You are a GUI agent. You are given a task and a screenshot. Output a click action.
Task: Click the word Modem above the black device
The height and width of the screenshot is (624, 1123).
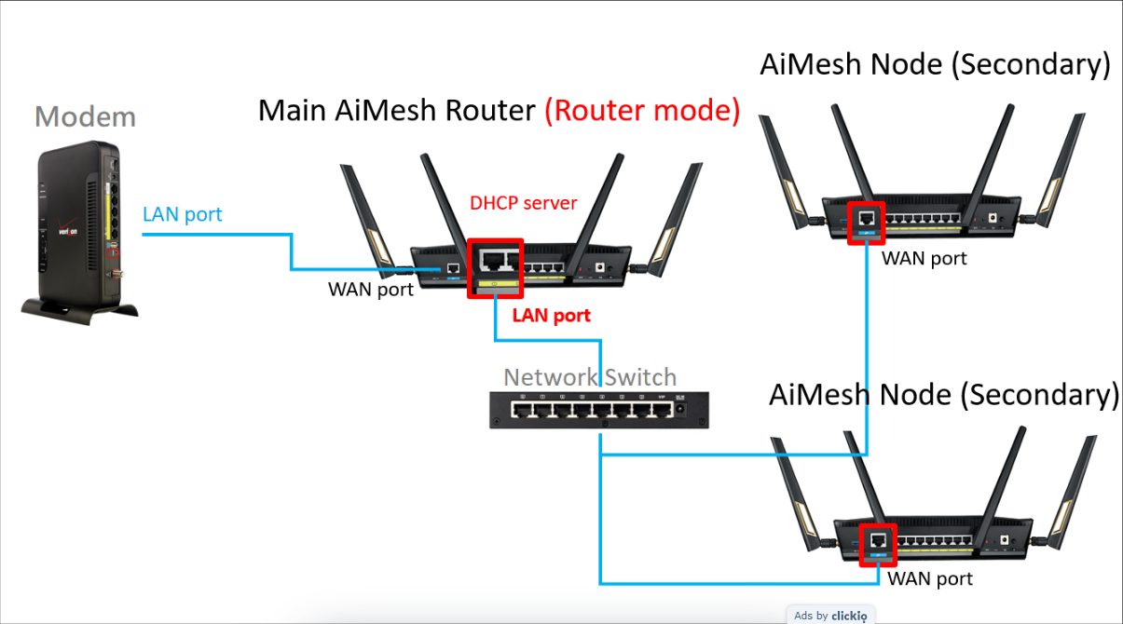pos(85,117)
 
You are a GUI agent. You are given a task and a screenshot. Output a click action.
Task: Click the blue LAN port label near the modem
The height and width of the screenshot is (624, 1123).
pos(182,214)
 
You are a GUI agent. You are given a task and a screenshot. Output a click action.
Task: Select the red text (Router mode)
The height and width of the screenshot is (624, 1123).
pos(642,111)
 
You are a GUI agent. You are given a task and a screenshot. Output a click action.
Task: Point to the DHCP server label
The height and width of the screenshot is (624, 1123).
pos(524,203)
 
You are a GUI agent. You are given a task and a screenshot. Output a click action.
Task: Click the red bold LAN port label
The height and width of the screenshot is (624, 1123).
pos(552,316)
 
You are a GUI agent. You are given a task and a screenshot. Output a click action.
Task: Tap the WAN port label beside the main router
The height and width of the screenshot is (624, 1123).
pos(371,290)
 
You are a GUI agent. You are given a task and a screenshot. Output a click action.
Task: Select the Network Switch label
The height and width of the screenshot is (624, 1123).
pos(590,377)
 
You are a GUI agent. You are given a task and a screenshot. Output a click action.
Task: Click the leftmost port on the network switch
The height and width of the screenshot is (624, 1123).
pos(521,410)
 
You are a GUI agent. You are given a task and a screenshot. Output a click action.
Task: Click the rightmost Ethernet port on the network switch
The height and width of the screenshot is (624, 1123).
pos(663,410)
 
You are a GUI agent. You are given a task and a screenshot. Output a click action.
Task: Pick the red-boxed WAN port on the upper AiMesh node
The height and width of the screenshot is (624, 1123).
pos(867,223)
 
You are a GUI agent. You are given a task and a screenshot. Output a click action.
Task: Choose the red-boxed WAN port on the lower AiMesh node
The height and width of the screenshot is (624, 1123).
pos(878,546)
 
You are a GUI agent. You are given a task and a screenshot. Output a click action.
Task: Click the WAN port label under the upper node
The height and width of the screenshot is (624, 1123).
pos(924,259)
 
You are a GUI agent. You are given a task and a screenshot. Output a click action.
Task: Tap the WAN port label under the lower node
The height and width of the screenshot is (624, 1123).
pos(930,579)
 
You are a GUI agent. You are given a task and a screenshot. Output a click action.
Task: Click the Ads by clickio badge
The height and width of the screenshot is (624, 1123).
pos(830,616)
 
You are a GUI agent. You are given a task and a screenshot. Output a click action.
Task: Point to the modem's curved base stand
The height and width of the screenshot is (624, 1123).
pos(79,311)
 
